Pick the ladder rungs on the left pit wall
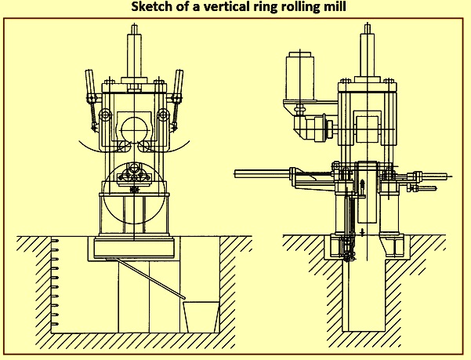55,282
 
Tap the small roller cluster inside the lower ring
134,175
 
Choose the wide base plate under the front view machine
134,248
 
